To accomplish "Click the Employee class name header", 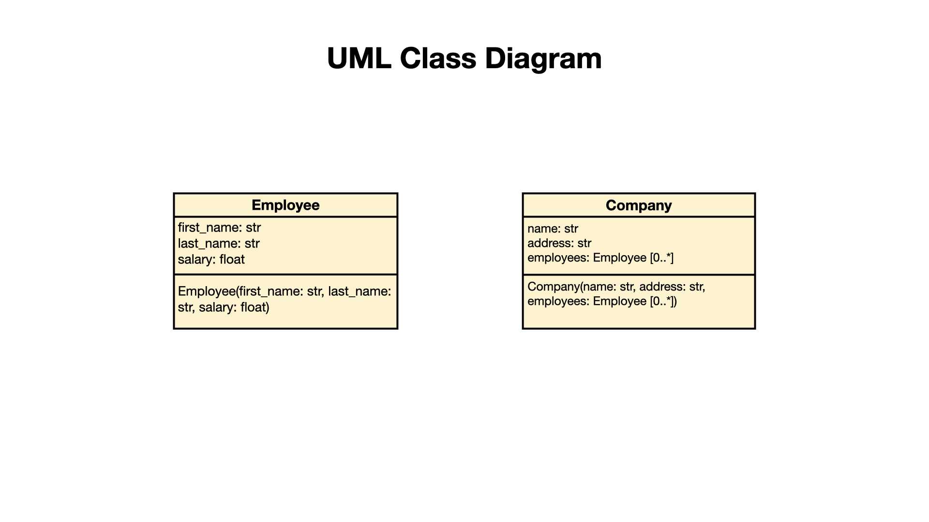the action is (x=285, y=205).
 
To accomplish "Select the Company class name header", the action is (x=639, y=205).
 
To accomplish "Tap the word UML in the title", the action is (x=359, y=58).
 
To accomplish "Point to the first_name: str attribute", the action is (x=219, y=228).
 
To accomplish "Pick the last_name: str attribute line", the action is (x=219, y=244).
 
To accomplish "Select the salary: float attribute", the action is (x=211, y=260).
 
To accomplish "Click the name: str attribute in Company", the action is (x=553, y=229).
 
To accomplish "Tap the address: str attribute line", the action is (x=559, y=243).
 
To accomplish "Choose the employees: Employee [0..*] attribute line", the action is (x=600, y=258).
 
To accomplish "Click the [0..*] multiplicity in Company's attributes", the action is (x=661, y=258).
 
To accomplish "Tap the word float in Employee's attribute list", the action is (x=232, y=260).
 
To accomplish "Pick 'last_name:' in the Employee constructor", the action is (x=360, y=291).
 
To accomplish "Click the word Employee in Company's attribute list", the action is (x=620, y=258).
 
